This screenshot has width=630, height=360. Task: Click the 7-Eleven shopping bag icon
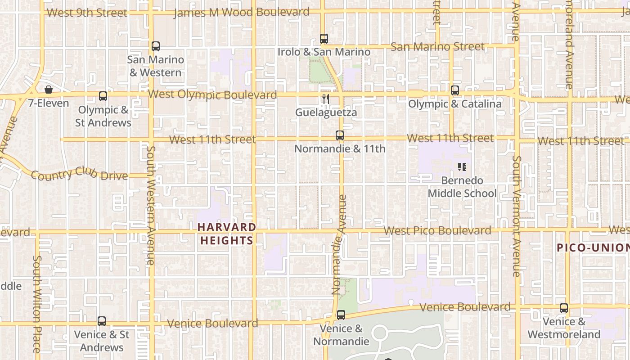(x=49, y=90)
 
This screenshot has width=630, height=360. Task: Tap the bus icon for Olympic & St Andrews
(x=103, y=96)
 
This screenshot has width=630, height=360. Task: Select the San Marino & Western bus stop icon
(x=156, y=46)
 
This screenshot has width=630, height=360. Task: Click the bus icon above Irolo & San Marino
(x=324, y=39)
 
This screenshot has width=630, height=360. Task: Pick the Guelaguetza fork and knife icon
(x=326, y=99)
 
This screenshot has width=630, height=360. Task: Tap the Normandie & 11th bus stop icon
(x=340, y=135)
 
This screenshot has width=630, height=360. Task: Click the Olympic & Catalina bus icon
(x=455, y=90)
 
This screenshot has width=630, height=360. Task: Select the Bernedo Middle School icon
(x=462, y=167)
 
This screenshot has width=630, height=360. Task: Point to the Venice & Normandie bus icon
(x=341, y=315)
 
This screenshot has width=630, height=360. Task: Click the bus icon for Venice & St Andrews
(x=102, y=321)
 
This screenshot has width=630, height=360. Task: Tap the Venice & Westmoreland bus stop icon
(x=564, y=308)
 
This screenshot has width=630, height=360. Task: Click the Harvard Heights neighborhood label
(x=227, y=234)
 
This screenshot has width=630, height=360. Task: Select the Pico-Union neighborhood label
(x=593, y=247)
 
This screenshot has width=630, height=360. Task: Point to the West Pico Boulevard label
(x=437, y=231)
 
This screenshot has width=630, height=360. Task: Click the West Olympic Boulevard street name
(x=212, y=94)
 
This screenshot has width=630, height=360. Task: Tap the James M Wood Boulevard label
(x=242, y=12)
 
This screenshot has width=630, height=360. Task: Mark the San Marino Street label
(x=437, y=47)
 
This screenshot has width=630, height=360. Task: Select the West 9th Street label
(x=87, y=13)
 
